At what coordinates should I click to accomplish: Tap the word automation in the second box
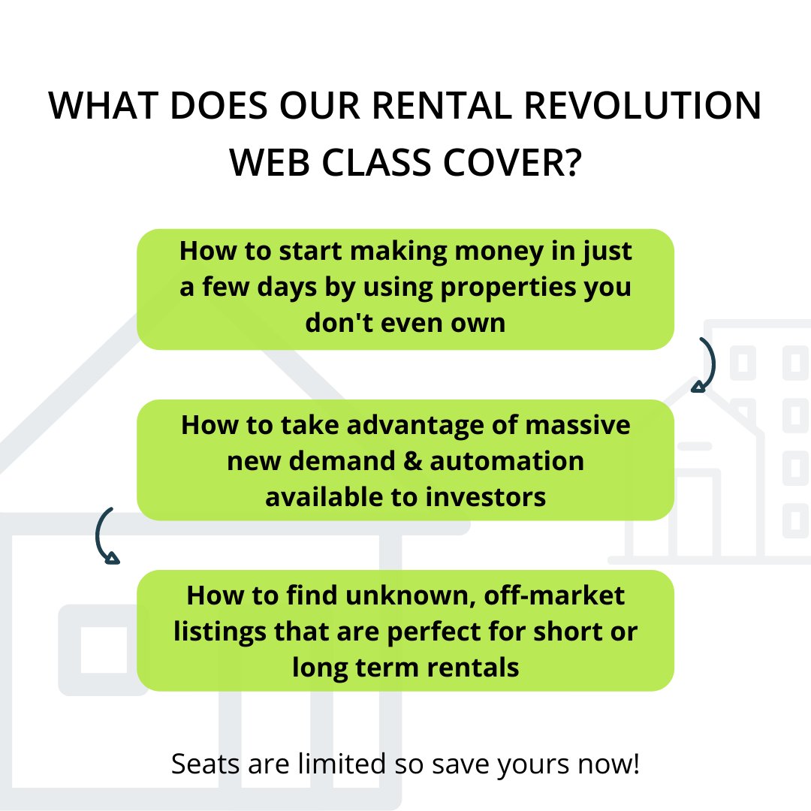(x=506, y=460)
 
